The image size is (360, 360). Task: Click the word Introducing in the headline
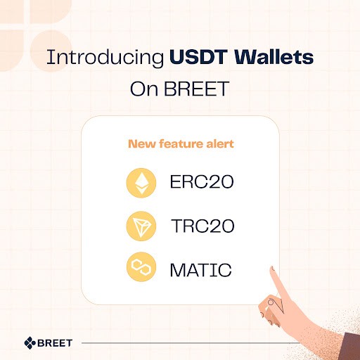pyautogui.click(x=105, y=58)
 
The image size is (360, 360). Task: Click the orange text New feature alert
pyautogui.click(x=181, y=144)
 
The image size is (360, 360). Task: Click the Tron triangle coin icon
pyautogui.click(x=141, y=226)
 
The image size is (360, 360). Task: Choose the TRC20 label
pyautogui.click(x=202, y=226)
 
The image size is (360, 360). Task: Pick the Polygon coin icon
pyautogui.click(x=141, y=268)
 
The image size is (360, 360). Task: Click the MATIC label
pyautogui.click(x=200, y=269)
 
